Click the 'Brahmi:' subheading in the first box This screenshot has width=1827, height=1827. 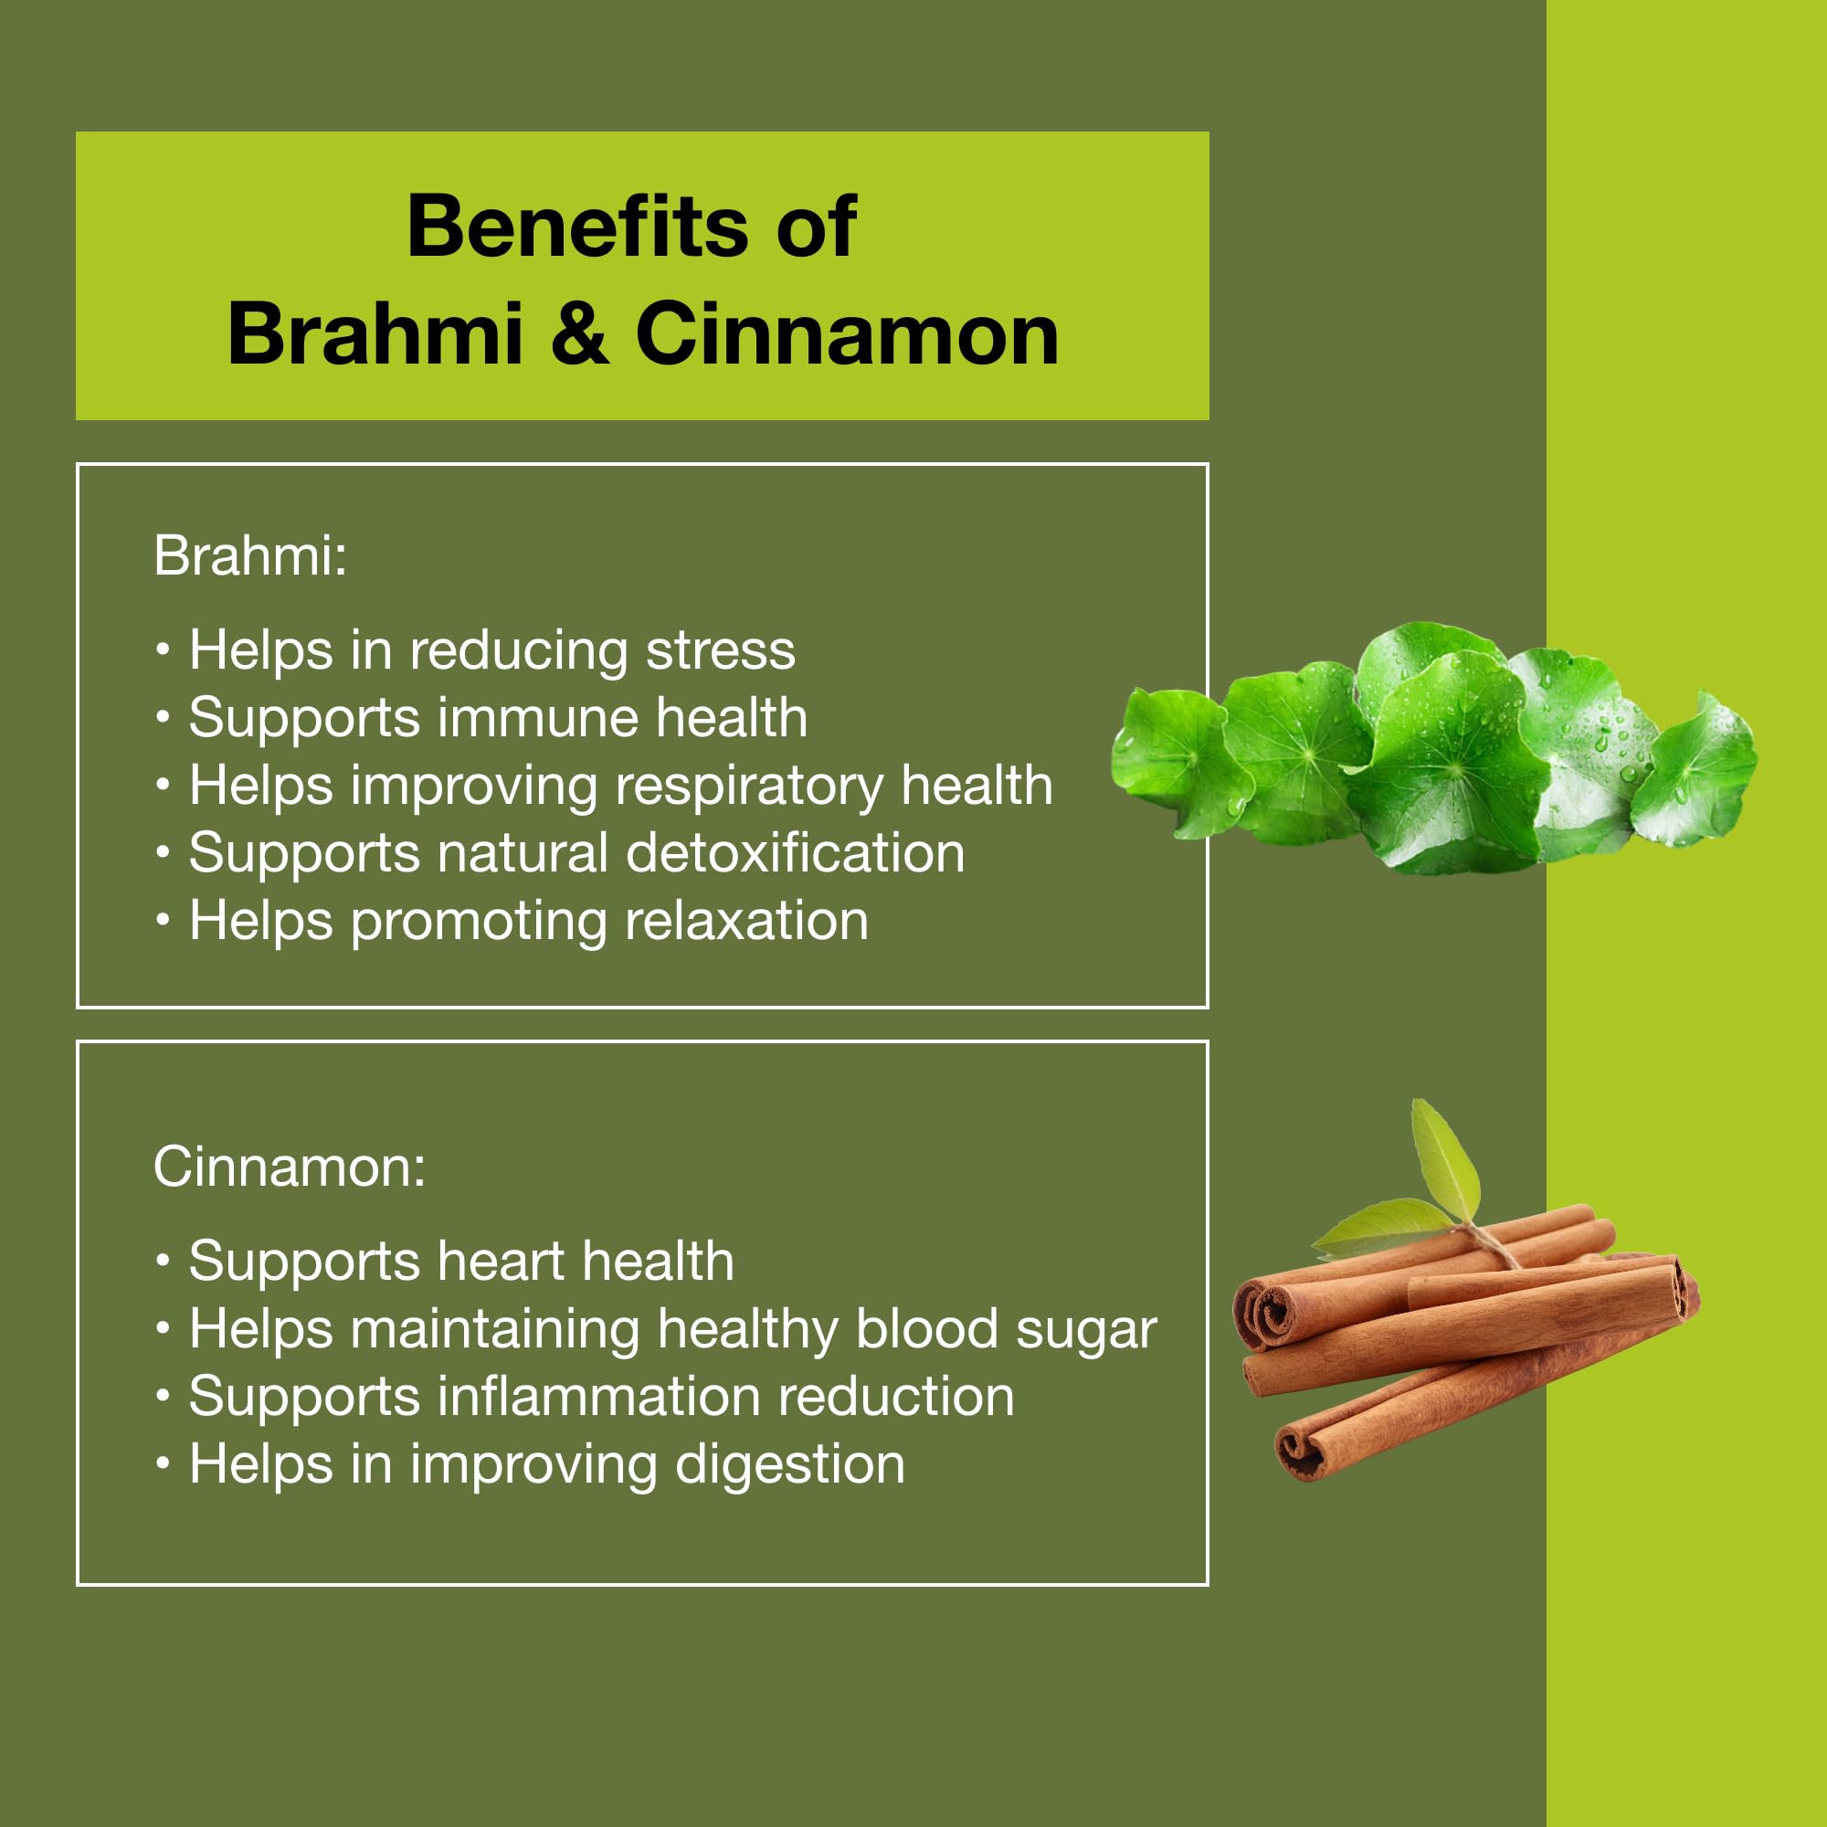(249, 555)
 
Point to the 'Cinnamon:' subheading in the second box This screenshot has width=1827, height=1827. (290, 1167)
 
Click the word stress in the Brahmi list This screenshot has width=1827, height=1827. (721, 650)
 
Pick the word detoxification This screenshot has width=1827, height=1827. (796, 854)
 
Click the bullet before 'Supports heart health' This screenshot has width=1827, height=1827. (164, 1262)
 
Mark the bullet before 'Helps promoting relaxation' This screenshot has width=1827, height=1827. (164, 920)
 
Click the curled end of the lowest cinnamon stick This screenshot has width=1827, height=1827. (1301, 1453)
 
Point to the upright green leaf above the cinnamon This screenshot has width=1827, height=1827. (1444, 1161)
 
